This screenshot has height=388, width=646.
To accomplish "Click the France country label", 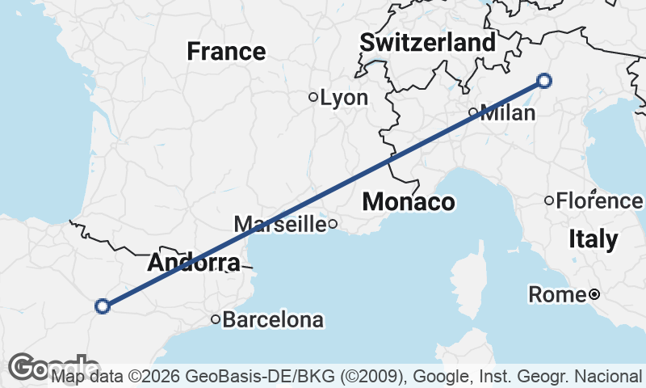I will [226, 52].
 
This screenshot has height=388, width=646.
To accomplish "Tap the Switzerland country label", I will [428, 42].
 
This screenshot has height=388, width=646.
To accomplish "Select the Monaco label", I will [409, 201].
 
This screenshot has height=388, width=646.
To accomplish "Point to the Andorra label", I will [194, 263].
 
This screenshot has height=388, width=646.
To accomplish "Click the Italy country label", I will [594, 239].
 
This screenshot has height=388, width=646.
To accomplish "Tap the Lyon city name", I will [344, 98].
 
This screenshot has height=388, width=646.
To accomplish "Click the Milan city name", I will [508, 112].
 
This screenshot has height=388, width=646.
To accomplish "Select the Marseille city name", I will [279, 224].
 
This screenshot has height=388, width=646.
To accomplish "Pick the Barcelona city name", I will [273, 320].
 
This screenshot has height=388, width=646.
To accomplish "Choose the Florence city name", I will [599, 200].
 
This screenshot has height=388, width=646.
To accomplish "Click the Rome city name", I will [557, 295].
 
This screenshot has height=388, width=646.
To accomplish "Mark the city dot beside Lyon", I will [313, 97].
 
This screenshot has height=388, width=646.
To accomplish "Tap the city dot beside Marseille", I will [332, 224].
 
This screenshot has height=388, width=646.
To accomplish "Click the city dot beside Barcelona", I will [216, 319].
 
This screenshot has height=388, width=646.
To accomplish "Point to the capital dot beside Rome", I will [594, 294].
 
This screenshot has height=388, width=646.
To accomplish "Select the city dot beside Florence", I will [549, 200].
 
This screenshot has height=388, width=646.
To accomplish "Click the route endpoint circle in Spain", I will [103, 306].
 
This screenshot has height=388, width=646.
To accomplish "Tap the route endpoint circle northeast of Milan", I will [544, 80].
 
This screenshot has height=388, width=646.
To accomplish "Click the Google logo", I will [48, 367].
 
